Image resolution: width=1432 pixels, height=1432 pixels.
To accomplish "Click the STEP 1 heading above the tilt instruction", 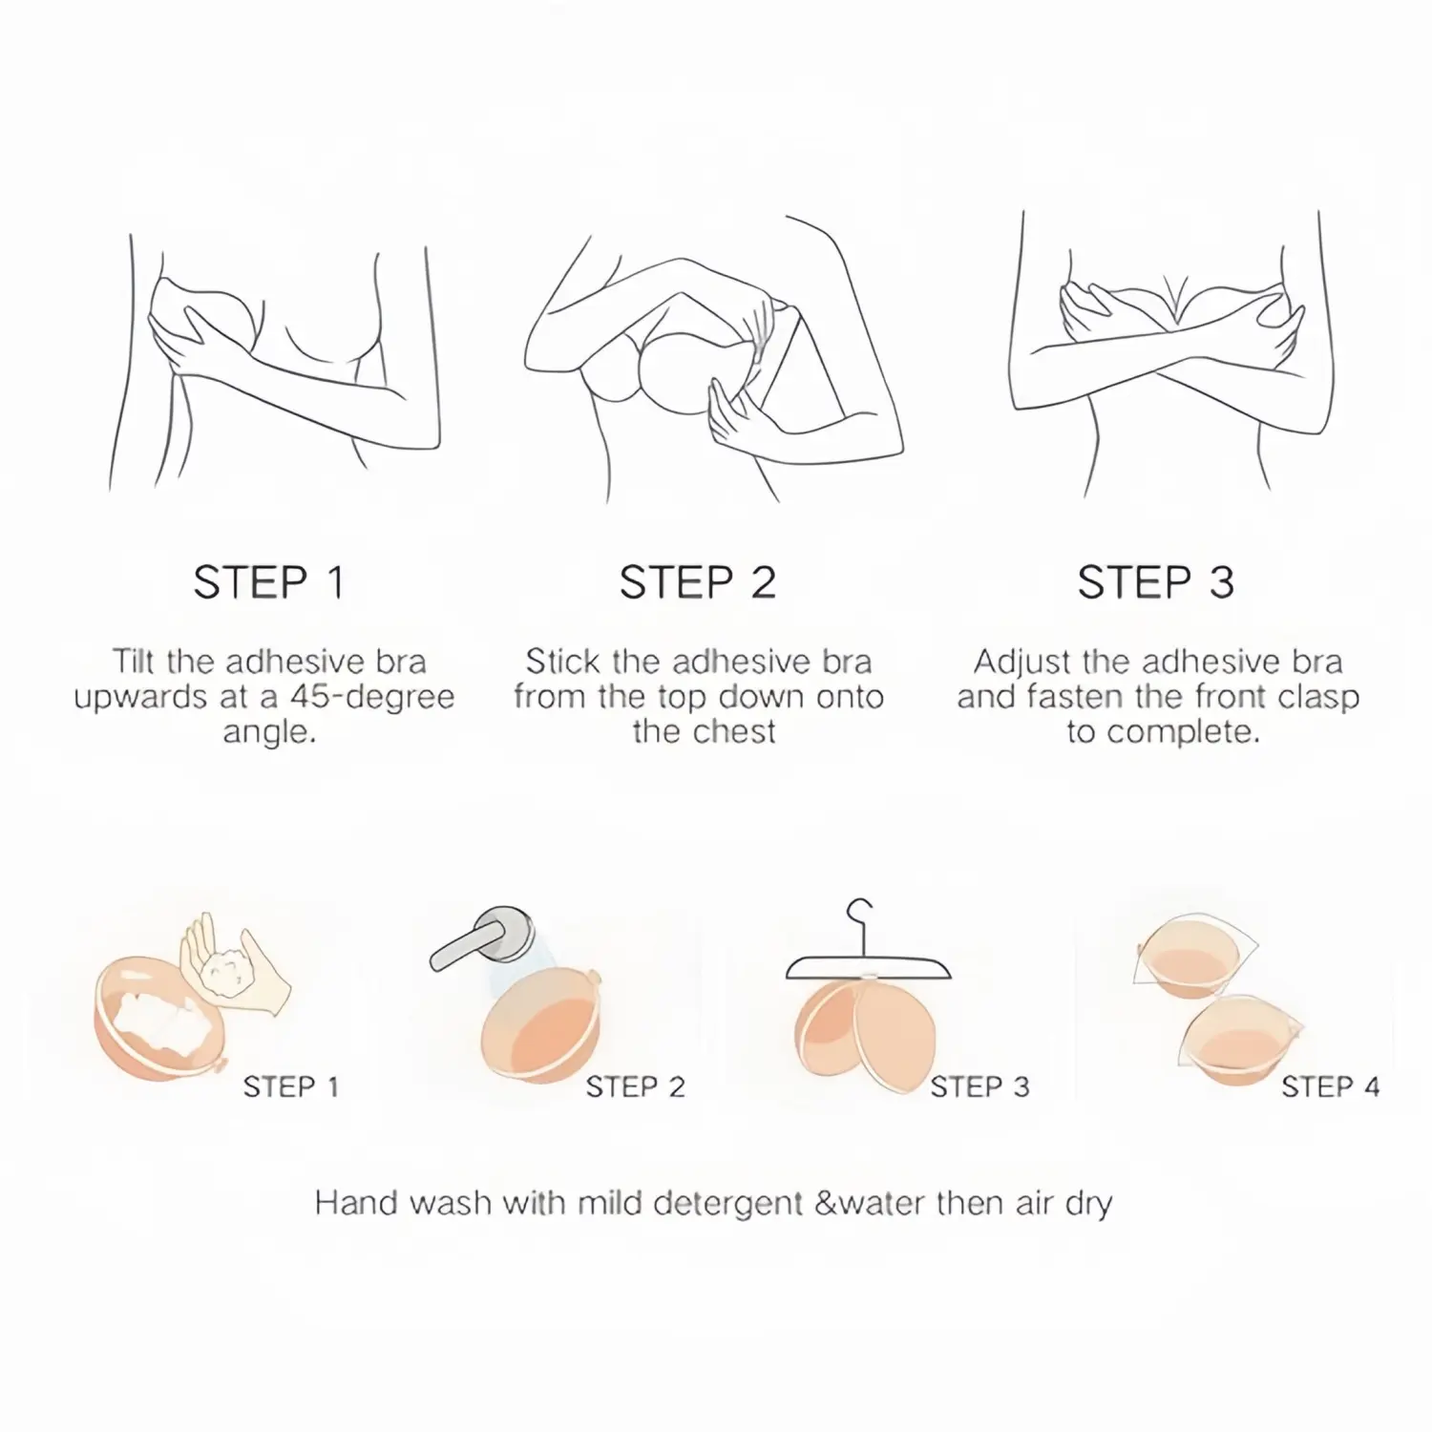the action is tap(268, 582).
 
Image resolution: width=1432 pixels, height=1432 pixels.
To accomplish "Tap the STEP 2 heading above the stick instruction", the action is tap(698, 582).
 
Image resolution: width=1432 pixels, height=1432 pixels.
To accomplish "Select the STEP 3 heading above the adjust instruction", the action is tap(1156, 582).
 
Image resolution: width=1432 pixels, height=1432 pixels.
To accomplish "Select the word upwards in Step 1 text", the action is tap(139, 698).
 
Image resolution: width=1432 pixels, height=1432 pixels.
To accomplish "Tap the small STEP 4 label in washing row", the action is tap(1330, 1086).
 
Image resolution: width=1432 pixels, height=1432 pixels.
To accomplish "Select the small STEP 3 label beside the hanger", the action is tap(980, 1086).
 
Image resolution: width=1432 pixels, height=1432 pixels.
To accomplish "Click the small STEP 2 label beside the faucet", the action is tap(636, 1086).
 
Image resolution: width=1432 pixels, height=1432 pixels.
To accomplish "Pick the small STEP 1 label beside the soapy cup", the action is tap(291, 1086).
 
